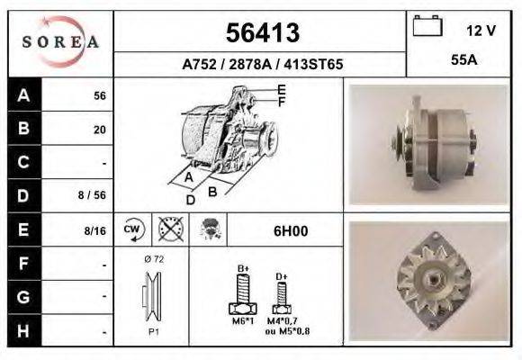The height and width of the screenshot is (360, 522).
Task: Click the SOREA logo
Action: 60,41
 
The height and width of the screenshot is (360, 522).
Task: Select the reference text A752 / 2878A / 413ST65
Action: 262,65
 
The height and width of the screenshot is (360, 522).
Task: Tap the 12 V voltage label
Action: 481,31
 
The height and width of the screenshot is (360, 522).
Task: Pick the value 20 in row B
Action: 100,129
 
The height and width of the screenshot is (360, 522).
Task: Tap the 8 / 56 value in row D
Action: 94,193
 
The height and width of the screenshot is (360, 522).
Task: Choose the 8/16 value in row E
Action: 94,231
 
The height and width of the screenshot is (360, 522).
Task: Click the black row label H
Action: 23,330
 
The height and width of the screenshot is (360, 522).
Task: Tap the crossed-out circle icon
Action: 170,230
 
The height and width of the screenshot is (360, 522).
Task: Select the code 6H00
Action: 290,230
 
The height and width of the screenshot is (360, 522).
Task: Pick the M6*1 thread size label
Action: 243,320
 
